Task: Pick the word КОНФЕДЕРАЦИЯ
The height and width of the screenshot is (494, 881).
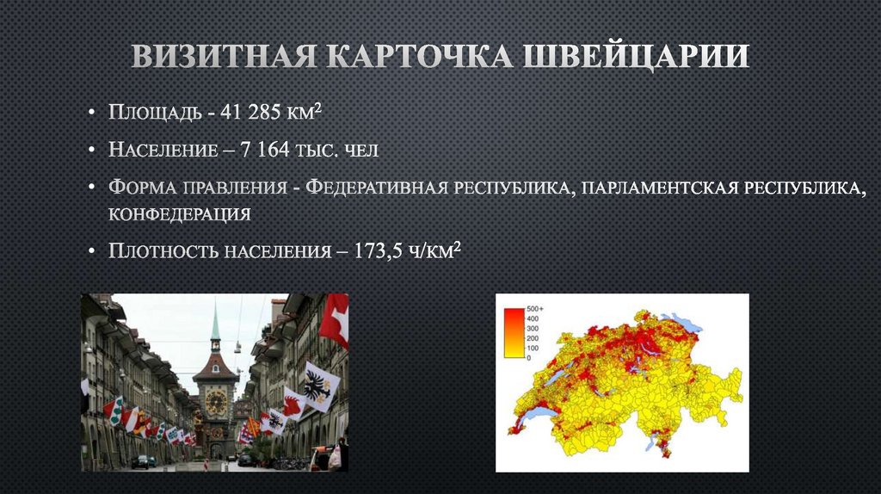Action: coord(179,213)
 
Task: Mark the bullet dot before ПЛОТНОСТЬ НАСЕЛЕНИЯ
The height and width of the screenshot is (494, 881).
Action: coord(92,251)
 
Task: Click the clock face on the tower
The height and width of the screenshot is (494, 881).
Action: coord(215,400)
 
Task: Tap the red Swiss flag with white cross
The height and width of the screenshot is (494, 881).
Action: coord(335,319)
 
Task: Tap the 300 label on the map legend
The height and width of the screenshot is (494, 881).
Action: coord(533,328)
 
